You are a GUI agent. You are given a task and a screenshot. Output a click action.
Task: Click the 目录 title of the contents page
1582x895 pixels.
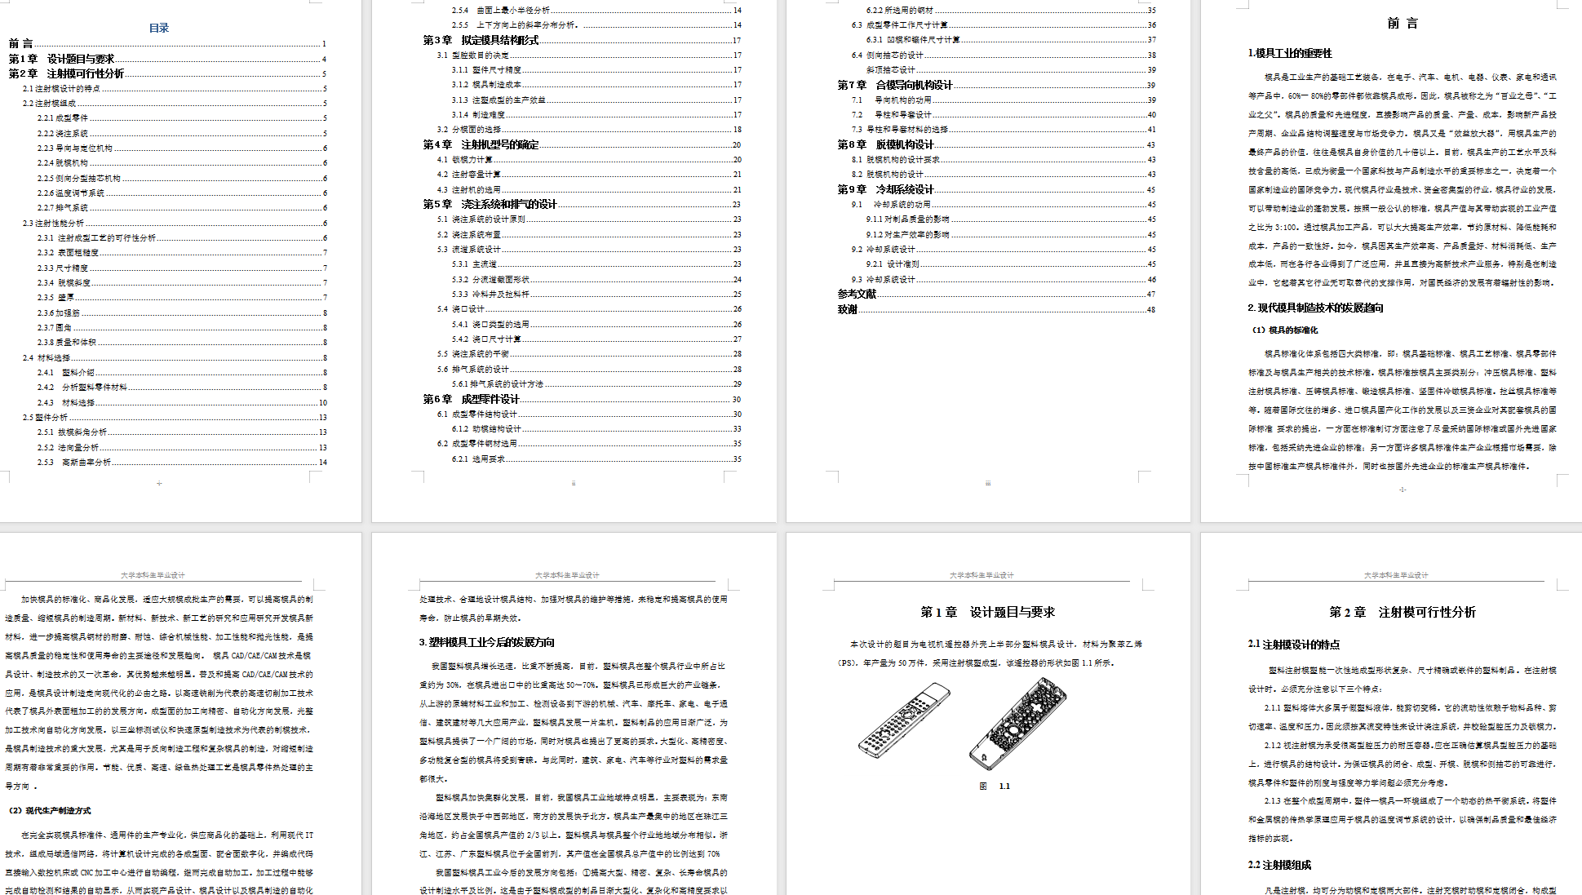[x=159, y=28]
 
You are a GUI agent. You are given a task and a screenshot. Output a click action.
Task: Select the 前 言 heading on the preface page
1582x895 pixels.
[x=1403, y=24]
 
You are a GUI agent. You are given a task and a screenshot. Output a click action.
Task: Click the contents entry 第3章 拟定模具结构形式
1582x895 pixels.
[x=481, y=40]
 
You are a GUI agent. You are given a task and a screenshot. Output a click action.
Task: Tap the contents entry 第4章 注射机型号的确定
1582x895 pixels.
[x=481, y=144]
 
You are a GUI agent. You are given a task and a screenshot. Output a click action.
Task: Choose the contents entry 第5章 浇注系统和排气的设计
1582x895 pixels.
[x=490, y=204]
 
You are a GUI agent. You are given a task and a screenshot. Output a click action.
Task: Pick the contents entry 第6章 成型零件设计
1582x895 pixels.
[x=471, y=399]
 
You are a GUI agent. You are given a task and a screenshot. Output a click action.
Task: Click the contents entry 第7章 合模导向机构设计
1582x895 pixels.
[x=895, y=85]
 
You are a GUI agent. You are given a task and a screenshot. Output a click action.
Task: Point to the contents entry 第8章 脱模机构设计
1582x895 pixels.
[x=885, y=144]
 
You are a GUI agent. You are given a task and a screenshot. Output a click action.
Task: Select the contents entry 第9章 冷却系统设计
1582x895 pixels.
[x=885, y=189]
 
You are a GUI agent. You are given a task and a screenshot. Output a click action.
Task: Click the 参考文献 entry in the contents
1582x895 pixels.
[x=857, y=294]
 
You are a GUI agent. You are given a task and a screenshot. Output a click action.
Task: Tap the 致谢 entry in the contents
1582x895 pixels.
[x=847, y=309]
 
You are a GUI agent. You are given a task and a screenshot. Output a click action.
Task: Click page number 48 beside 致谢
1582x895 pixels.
[x=1150, y=310]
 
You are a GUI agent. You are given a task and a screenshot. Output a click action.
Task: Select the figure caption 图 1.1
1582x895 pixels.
[x=995, y=786]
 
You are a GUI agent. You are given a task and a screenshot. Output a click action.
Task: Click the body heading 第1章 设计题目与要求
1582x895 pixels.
[x=987, y=612]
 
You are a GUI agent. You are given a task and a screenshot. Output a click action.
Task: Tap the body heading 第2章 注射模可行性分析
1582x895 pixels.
[x=1402, y=612]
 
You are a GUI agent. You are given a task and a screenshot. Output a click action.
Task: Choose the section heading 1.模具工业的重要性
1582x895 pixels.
[x=1289, y=53]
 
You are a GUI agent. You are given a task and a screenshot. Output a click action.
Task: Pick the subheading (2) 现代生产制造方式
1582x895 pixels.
[x=50, y=810]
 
